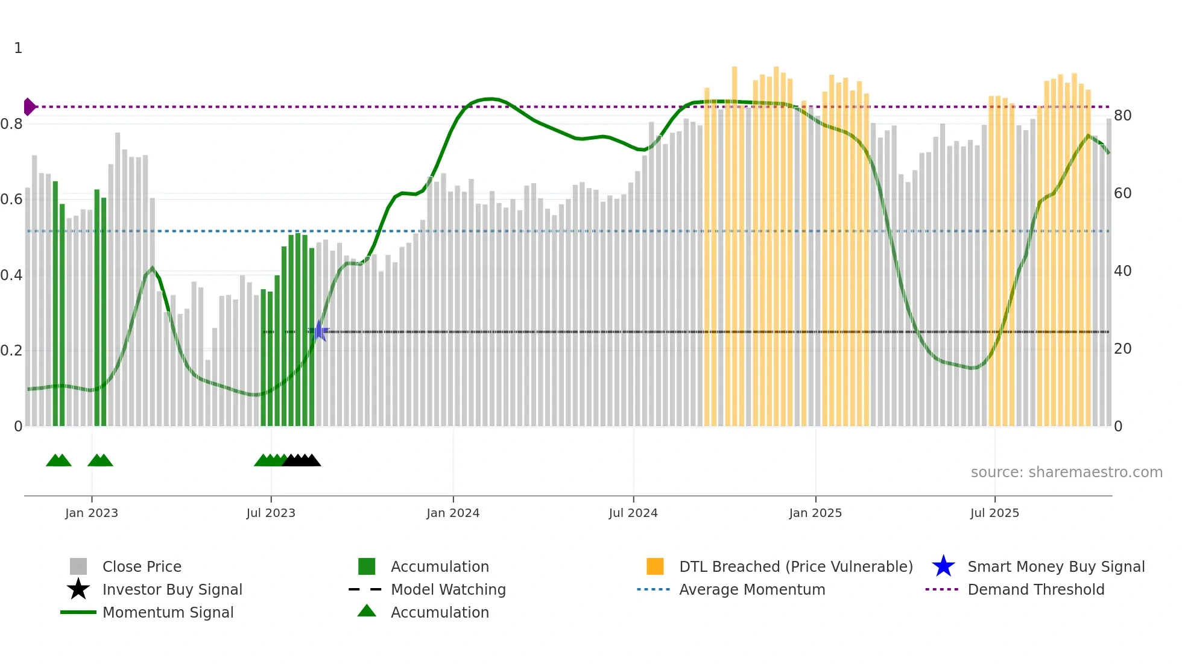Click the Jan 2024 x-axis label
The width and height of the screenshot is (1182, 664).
(453, 513)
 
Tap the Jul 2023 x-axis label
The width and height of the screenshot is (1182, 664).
(271, 513)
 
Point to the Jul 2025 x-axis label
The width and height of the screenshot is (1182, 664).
(994, 513)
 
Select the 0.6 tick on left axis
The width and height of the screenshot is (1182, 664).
(11, 199)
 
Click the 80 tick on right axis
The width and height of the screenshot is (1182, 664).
(1122, 115)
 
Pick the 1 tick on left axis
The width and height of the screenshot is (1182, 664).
(18, 48)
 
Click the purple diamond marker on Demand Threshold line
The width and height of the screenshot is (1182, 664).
(29, 107)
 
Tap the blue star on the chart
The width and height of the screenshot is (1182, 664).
(320, 331)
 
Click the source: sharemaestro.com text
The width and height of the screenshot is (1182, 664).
(1066, 472)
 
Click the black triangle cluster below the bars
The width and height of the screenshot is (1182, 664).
(302, 460)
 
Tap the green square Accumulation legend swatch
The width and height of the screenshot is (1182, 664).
(367, 566)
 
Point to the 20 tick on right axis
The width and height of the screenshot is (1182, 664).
(1122, 348)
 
